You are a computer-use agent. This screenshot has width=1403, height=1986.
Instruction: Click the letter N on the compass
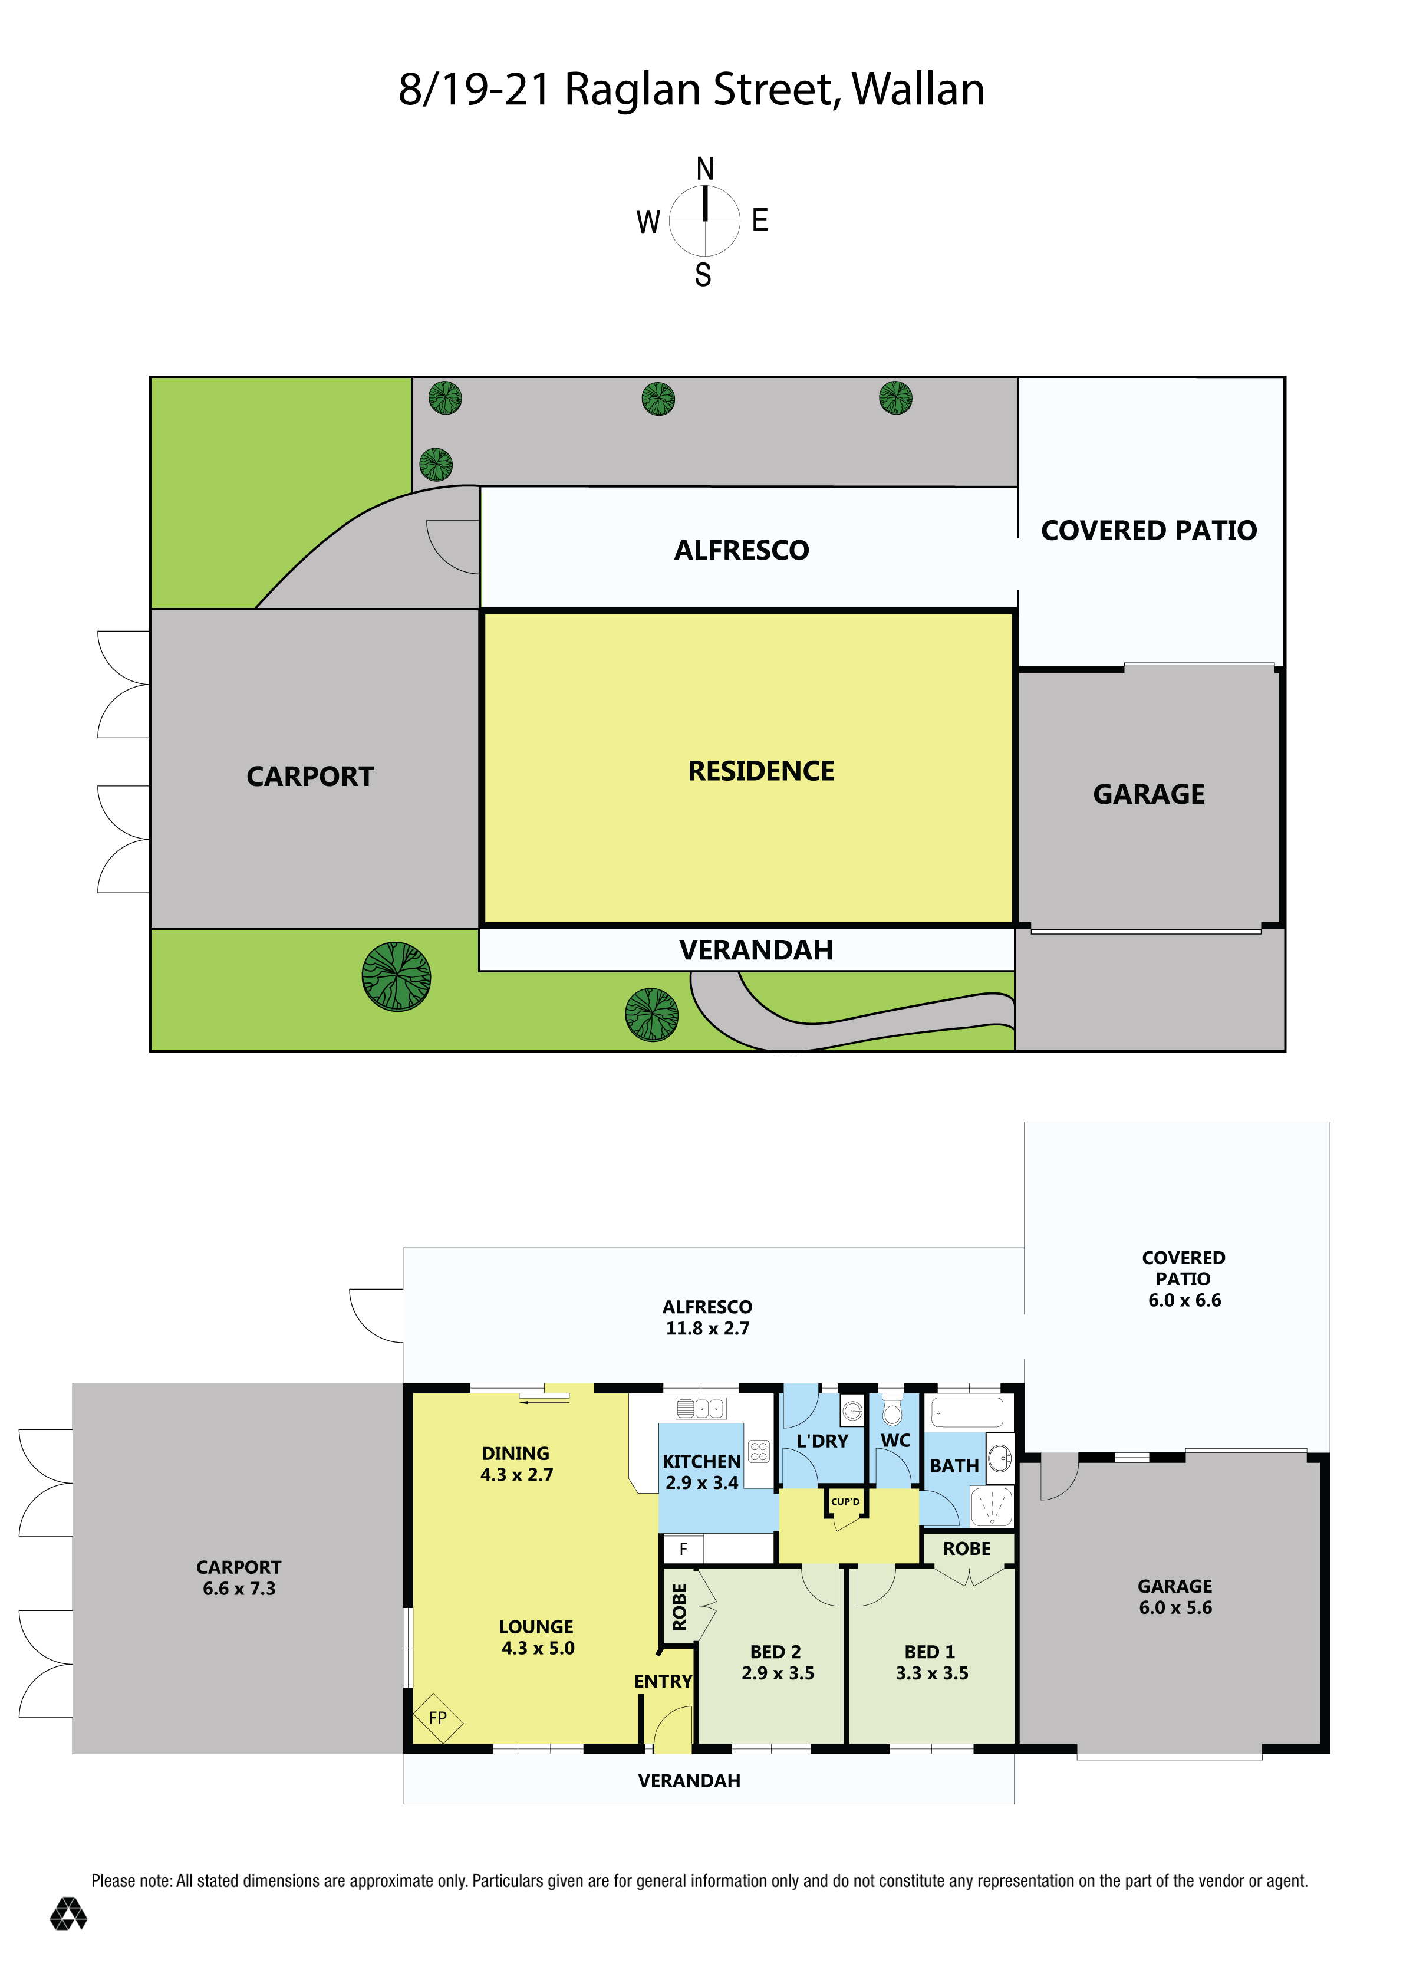coord(705,169)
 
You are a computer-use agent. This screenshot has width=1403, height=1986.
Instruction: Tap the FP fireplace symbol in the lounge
coord(437,1717)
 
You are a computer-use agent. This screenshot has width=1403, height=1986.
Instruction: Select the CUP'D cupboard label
coord(845,1502)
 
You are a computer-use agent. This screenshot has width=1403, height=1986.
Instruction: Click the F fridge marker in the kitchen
coord(683,1548)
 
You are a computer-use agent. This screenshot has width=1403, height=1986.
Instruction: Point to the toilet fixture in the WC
coord(892,1411)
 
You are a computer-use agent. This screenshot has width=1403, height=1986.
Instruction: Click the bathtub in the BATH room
coord(967,1412)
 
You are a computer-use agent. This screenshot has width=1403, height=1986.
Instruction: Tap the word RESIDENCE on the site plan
coord(760,771)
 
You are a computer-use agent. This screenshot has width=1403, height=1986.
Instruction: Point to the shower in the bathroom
coord(992,1507)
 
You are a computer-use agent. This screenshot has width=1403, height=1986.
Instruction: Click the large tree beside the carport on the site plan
coord(396,976)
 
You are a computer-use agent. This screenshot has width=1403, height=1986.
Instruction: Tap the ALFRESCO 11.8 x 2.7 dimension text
coord(707,1328)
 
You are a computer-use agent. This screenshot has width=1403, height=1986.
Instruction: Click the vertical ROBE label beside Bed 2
coord(679,1606)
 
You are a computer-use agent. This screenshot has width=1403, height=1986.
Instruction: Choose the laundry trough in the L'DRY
coord(852,1412)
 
